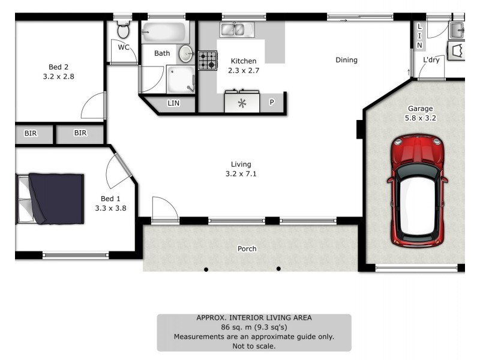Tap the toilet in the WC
(123, 30)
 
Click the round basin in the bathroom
(186, 54)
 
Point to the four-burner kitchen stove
(208, 60)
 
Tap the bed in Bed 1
(50, 199)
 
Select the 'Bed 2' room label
(58, 67)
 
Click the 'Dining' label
(346, 60)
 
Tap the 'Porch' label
(247, 248)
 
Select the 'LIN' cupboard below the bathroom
(173, 104)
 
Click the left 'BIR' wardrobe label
(31, 133)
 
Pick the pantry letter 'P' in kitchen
(271, 103)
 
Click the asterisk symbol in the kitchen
(242, 103)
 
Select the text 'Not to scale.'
(254, 346)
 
